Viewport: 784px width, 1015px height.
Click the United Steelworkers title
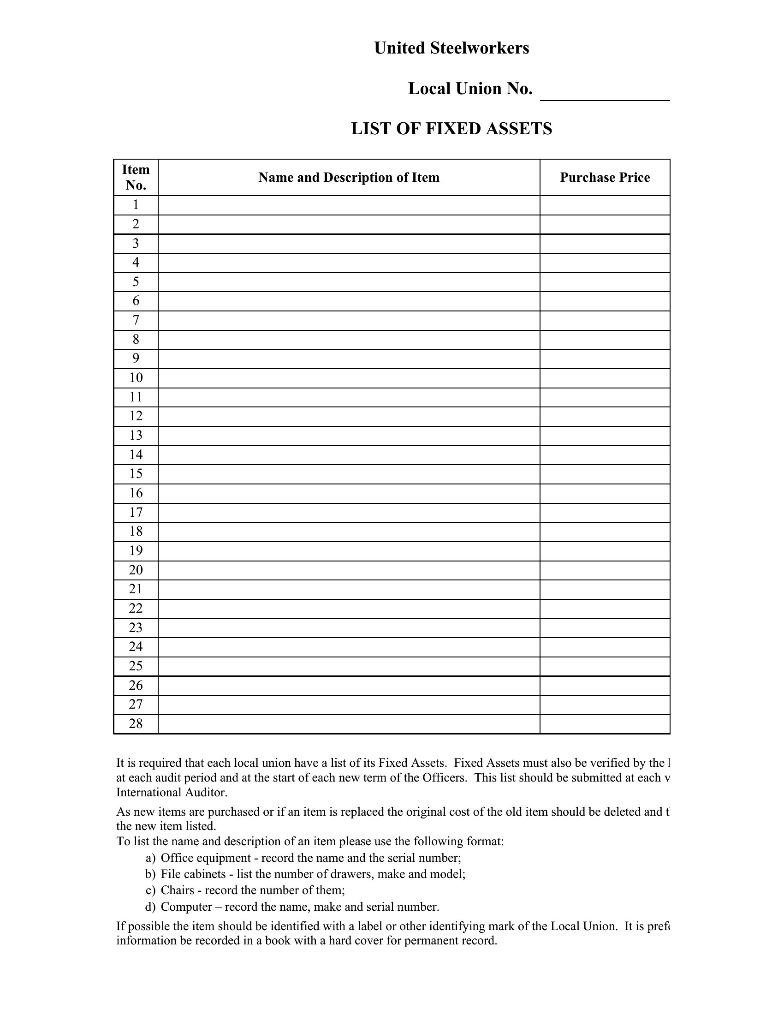point(451,48)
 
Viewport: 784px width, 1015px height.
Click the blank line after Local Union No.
point(605,93)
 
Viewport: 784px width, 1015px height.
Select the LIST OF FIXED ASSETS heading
point(451,129)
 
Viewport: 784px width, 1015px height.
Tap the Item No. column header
point(136,177)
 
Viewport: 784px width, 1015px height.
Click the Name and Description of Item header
point(349,178)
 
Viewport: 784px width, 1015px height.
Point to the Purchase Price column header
point(605,178)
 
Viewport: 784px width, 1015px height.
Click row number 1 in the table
point(136,205)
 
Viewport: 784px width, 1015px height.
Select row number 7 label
point(136,320)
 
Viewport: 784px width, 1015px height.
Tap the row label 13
point(136,436)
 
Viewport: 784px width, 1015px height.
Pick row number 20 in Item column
point(136,570)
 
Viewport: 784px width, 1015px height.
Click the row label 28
point(136,723)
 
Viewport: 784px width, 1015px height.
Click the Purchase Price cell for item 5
point(605,282)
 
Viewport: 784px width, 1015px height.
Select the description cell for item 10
point(349,378)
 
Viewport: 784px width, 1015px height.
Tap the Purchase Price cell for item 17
point(605,513)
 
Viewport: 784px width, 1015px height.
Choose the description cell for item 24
point(349,647)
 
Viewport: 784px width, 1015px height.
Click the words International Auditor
point(172,792)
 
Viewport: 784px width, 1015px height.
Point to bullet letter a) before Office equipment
point(150,858)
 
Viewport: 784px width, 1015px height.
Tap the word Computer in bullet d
point(186,907)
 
